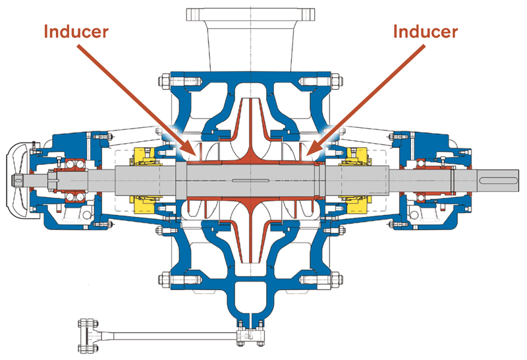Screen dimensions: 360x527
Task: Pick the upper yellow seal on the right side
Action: (356, 157)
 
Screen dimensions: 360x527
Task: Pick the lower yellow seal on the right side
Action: (356, 201)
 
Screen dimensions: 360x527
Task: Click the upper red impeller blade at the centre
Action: (252, 129)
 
